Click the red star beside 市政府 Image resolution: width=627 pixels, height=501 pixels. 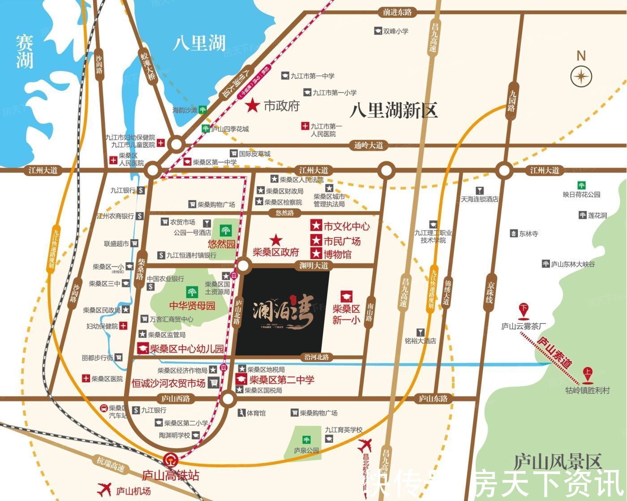[x=253, y=106]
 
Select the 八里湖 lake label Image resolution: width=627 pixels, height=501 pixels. [x=199, y=43]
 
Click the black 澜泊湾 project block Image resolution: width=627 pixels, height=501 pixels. [x=286, y=310]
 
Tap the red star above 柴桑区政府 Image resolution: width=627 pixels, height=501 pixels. [x=275, y=240]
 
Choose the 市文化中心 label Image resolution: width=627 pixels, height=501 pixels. [x=346, y=226]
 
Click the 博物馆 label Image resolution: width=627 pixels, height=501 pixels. [x=337, y=254]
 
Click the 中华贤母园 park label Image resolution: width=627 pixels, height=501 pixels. [x=192, y=306]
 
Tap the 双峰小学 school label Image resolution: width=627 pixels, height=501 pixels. [x=395, y=31]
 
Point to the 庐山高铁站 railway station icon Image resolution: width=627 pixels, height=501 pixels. [x=169, y=459]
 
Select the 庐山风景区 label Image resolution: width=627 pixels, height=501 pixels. [x=558, y=462]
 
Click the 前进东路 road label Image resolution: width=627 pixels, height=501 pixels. [x=397, y=13]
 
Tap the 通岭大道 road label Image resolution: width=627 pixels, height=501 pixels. [x=369, y=145]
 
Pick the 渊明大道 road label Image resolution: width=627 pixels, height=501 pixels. [x=313, y=265]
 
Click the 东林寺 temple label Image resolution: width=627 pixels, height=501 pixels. [x=528, y=233]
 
